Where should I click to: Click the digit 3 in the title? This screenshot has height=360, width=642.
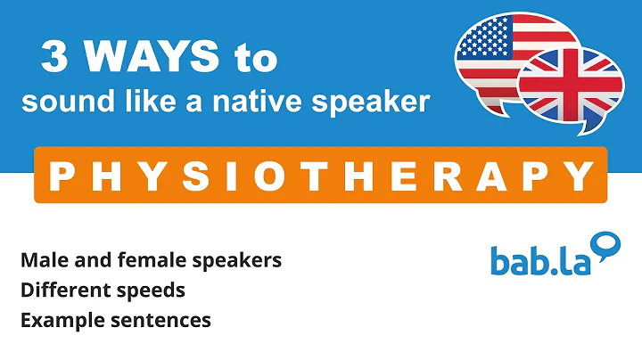point(55,61)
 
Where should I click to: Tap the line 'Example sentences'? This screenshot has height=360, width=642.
point(115,319)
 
